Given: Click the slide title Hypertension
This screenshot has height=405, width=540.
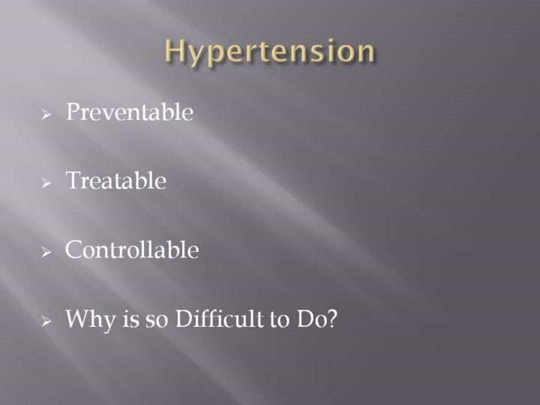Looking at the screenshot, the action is (270, 51).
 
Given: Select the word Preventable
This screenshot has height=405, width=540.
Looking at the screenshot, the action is (130, 112).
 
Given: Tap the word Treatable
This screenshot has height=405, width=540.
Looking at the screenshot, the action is (116, 180).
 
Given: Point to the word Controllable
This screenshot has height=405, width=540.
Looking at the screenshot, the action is (132, 249).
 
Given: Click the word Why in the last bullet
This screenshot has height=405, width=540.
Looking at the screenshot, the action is (91, 319).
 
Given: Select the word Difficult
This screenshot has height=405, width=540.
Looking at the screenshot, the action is (219, 318).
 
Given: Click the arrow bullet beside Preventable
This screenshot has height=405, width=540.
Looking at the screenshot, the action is (46, 114).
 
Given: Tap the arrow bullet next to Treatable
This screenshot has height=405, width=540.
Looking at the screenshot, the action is (46, 183).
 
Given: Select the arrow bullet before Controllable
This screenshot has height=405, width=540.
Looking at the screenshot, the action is (46, 252).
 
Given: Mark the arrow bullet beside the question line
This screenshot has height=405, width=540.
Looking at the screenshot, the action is (46, 321).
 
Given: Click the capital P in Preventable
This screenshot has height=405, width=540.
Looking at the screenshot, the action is (73, 112).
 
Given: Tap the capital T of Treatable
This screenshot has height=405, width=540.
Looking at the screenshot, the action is (73, 180).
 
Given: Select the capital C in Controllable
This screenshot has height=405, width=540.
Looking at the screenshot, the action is (73, 249).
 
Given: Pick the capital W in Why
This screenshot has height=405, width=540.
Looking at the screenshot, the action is (78, 318).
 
